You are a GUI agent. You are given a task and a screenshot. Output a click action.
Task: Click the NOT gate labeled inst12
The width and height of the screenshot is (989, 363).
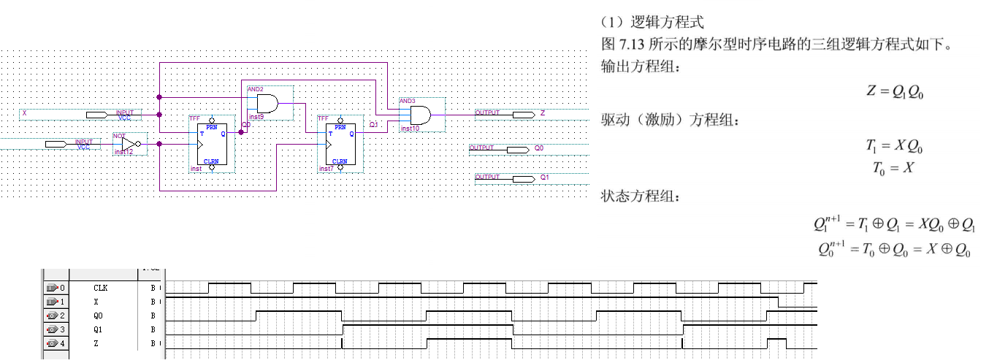[129, 144]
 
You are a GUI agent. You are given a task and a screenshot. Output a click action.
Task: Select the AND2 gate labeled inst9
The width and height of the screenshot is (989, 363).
[267, 103]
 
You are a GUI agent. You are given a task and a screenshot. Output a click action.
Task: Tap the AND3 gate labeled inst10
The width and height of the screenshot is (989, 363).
[420, 115]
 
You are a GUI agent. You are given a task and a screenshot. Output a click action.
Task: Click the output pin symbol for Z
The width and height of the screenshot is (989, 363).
[523, 114]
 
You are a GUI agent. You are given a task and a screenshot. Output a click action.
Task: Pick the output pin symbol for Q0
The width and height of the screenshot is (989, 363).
[517, 149]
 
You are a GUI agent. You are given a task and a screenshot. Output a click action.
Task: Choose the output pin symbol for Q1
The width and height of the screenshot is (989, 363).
[523, 178]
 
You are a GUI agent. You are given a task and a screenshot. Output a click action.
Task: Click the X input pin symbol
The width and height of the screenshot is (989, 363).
[96, 115]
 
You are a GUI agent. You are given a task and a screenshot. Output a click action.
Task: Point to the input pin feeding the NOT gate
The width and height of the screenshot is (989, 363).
[56, 144]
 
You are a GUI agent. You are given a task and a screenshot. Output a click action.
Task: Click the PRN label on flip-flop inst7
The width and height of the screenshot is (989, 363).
[339, 126]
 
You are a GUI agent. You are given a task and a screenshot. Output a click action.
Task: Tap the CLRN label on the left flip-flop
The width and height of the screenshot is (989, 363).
[212, 161]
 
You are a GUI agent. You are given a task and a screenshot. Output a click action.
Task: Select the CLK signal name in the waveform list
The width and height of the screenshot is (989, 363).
[101, 289]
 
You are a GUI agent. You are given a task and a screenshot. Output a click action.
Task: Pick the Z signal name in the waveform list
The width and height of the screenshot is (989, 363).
[97, 343]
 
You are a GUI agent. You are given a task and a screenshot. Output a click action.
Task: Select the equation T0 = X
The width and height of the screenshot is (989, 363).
[893, 168]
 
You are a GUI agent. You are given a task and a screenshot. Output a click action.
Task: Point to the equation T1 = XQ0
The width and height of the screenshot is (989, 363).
[895, 145]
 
